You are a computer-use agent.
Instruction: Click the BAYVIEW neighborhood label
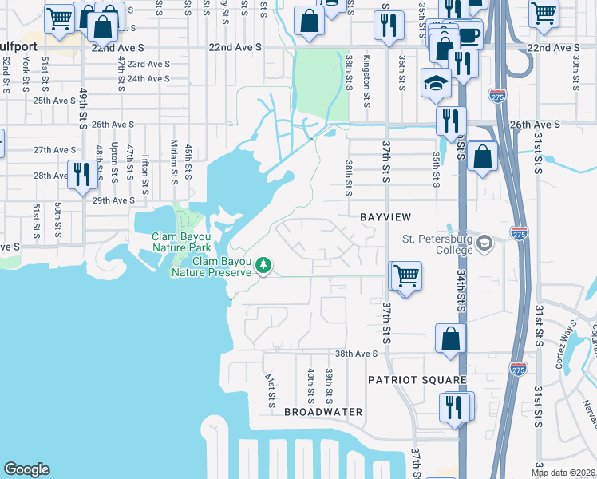click(x=385, y=217)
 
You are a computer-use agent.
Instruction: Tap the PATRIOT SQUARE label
click(x=405, y=380)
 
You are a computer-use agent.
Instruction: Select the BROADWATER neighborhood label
click(x=323, y=412)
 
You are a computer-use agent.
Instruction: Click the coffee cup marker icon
click(x=469, y=35)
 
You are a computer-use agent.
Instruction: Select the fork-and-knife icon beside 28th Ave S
click(x=83, y=173)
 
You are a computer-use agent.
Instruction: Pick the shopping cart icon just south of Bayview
click(x=406, y=276)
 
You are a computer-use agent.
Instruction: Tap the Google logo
click(x=26, y=469)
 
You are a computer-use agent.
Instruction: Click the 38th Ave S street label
click(x=355, y=354)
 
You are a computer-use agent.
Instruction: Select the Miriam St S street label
click(x=173, y=160)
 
